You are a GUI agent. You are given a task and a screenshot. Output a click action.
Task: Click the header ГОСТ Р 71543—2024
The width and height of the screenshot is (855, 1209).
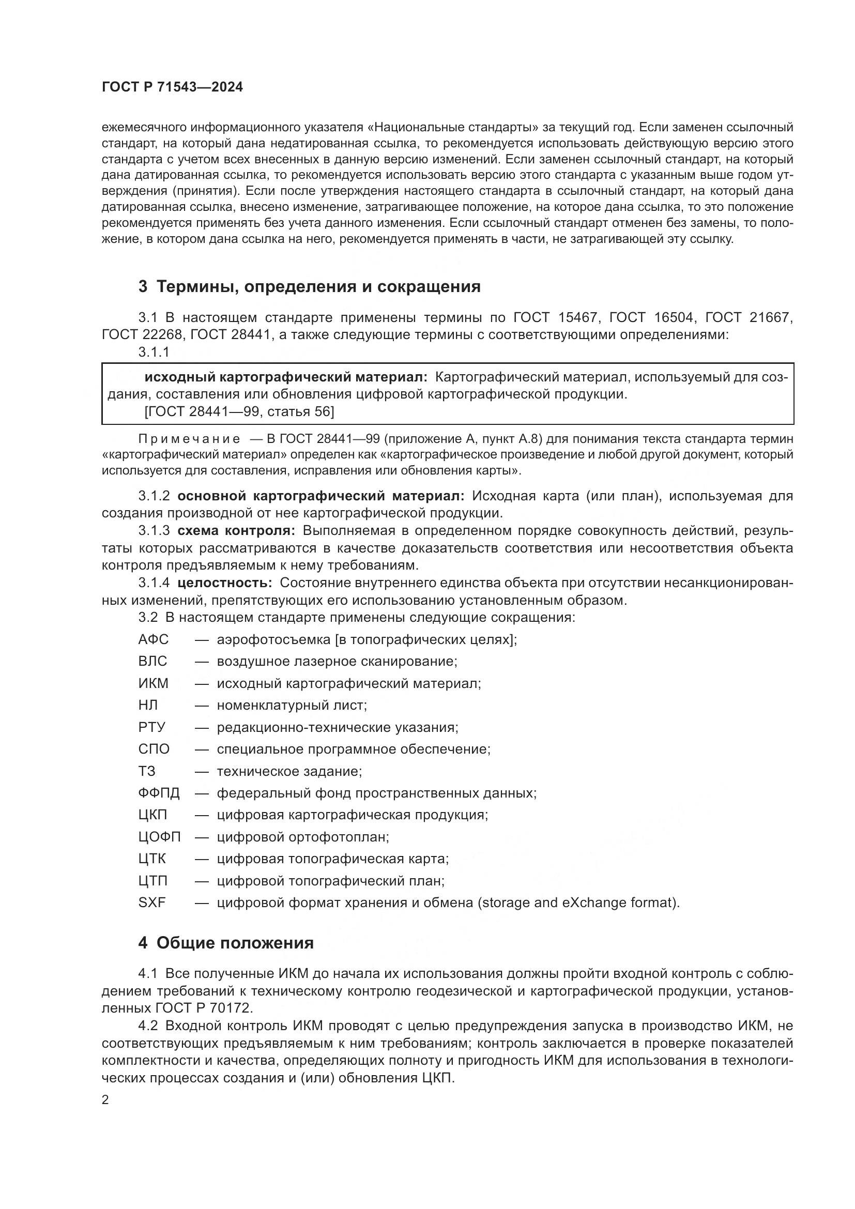pyautogui.click(x=172, y=87)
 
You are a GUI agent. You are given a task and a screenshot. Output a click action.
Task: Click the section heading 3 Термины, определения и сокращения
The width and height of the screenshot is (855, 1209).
pyautogui.click(x=310, y=286)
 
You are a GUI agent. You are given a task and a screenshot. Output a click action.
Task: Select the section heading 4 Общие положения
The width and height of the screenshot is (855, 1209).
pyautogui.click(x=226, y=943)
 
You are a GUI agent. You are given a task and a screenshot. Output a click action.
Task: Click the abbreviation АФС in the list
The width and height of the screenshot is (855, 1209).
pyautogui.click(x=153, y=639)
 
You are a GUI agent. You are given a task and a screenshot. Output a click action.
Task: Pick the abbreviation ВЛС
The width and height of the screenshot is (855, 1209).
pyautogui.click(x=152, y=662)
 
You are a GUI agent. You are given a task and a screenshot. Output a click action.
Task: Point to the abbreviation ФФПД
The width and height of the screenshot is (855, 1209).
pyautogui.click(x=159, y=793)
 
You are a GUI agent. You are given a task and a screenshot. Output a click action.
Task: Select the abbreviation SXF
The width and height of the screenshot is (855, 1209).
pyautogui.click(x=152, y=902)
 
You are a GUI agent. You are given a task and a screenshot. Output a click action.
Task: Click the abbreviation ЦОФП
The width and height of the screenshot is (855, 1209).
pyautogui.click(x=160, y=837)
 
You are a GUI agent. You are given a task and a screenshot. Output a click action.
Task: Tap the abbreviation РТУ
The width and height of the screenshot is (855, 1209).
pyautogui.click(x=152, y=727)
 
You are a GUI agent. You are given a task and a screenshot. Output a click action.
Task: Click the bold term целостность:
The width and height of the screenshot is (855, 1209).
pyautogui.click(x=225, y=583)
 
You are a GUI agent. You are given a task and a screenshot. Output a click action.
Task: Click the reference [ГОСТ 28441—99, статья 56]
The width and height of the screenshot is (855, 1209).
pyautogui.click(x=239, y=411)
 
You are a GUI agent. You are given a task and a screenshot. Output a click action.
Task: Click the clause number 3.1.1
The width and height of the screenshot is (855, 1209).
pyautogui.click(x=154, y=353)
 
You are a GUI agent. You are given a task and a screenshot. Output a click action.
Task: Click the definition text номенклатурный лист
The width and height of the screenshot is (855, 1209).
pyautogui.click(x=291, y=705)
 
